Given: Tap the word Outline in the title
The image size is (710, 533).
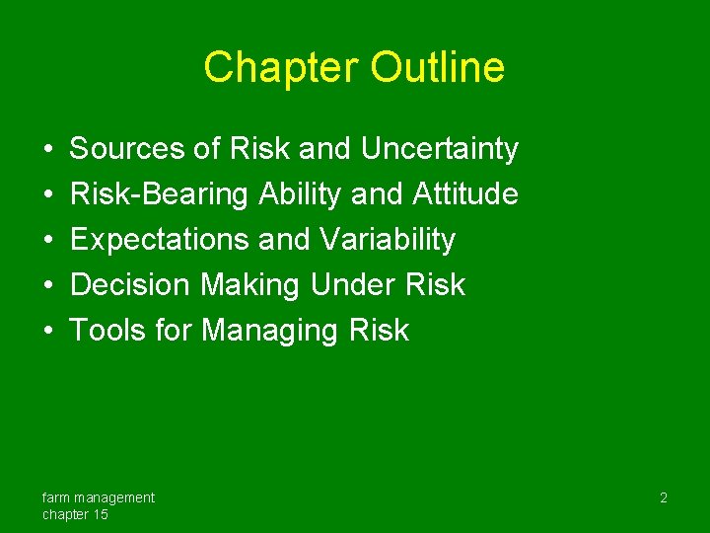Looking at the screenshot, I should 438,68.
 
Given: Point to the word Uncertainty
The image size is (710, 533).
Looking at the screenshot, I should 439,149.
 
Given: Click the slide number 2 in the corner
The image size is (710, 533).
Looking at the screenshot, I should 664,498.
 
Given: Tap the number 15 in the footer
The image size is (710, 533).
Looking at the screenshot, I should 100,515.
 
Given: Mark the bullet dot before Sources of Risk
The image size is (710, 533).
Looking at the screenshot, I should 48,150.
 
